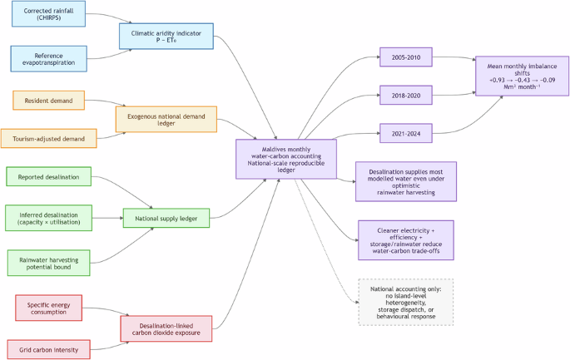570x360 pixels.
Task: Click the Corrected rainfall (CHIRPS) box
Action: (x=48, y=17)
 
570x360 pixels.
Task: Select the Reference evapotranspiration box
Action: (x=48, y=58)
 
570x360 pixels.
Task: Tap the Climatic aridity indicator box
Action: (x=166, y=34)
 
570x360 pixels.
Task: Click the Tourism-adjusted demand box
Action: (x=48, y=138)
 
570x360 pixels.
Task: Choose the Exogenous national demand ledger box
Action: (x=166, y=119)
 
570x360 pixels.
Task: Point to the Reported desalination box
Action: (x=48, y=177)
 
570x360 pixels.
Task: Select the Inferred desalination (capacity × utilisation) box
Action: (x=48, y=219)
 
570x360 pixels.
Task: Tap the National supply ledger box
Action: (x=166, y=219)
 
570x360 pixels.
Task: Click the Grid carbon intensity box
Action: (x=48, y=349)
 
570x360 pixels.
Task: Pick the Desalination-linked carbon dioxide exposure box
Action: (x=166, y=328)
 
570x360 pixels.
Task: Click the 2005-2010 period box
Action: (x=405, y=58)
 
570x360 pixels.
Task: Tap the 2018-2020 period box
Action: (x=405, y=96)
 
